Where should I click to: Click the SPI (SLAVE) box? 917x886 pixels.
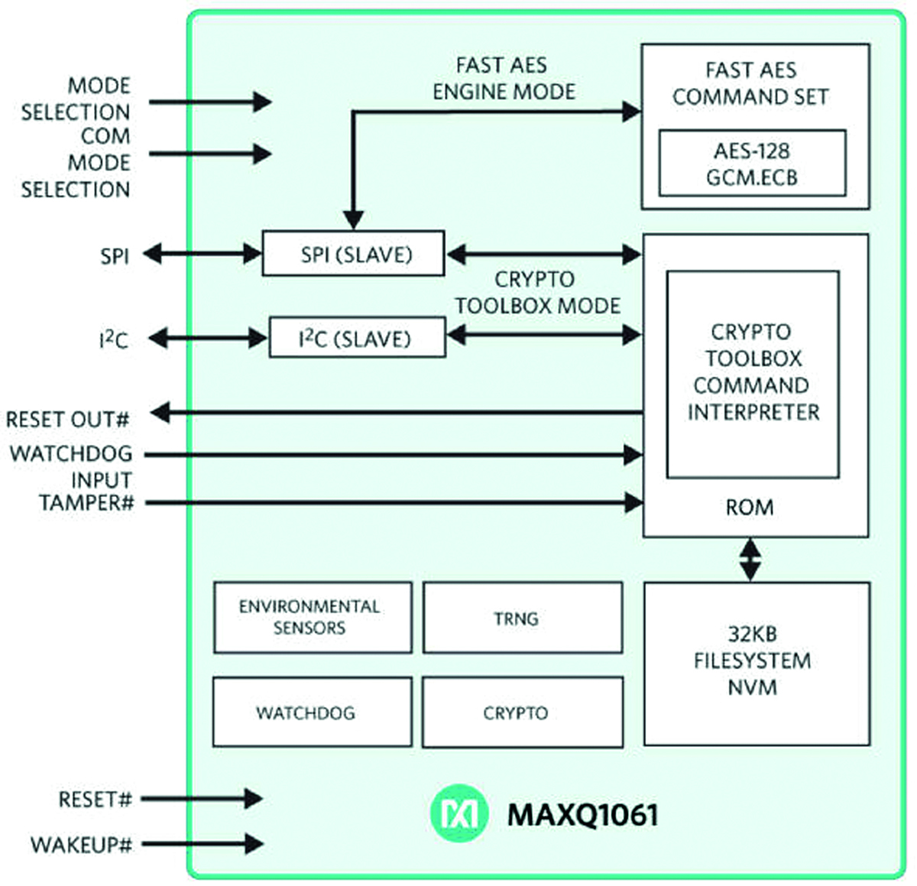pyautogui.click(x=353, y=253)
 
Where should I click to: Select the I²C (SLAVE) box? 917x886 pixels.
pyautogui.click(x=357, y=338)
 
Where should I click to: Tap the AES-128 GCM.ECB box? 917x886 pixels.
pyautogui.click(x=752, y=164)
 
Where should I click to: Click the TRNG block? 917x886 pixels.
pyautogui.click(x=523, y=618)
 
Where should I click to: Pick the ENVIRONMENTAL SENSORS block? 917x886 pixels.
pyautogui.click(x=313, y=618)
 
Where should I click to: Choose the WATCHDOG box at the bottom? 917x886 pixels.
pyautogui.click(x=312, y=712)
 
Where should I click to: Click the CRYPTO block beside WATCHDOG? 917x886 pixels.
pyautogui.click(x=523, y=712)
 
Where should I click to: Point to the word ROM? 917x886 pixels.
pyautogui.click(x=749, y=508)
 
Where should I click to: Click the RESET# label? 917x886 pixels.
pyautogui.click(x=95, y=800)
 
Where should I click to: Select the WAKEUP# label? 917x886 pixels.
pyautogui.click(x=81, y=845)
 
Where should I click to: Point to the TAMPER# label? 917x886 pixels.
pyautogui.click(x=86, y=503)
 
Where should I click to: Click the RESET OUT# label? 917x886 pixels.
pyautogui.click(x=67, y=420)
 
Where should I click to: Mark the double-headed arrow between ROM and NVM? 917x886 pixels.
pyautogui.click(x=750, y=560)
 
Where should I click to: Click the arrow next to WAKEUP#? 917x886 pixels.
pyautogui.click(x=203, y=844)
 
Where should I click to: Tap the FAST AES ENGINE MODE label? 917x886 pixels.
pyautogui.click(x=503, y=79)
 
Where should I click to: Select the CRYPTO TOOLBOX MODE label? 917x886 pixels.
pyautogui.click(x=537, y=293)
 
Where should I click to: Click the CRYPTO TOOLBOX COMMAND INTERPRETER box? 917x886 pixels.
pyautogui.click(x=753, y=373)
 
